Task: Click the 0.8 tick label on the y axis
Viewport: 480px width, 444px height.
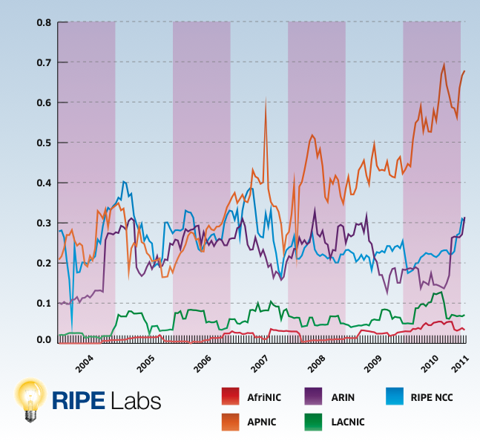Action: coord(43,22)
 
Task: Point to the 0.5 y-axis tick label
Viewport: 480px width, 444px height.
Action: coord(43,143)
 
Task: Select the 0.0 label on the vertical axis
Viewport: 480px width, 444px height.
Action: coord(43,340)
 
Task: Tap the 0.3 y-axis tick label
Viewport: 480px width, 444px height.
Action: coord(43,223)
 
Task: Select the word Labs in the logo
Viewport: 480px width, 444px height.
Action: coord(135,399)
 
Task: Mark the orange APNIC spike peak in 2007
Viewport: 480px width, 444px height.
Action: coord(266,99)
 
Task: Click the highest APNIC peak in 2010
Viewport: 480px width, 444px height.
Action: coord(444,64)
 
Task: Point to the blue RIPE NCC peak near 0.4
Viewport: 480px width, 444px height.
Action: coord(123,181)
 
